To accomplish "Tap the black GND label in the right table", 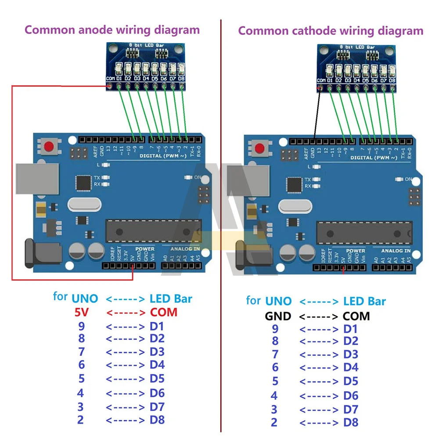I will point(277,316).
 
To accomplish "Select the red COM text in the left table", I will point(163,313).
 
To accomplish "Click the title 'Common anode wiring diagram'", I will point(112,30).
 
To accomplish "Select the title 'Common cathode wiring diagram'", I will point(331,31).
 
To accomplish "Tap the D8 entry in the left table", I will point(157,420).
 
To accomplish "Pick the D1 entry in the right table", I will point(350,329).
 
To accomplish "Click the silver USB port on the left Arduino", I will point(37,178).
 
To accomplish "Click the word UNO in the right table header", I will point(278,301).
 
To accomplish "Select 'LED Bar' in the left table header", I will point(171,299).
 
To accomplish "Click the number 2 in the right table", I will point(274,422).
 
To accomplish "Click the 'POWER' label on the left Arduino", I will point(145,249).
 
